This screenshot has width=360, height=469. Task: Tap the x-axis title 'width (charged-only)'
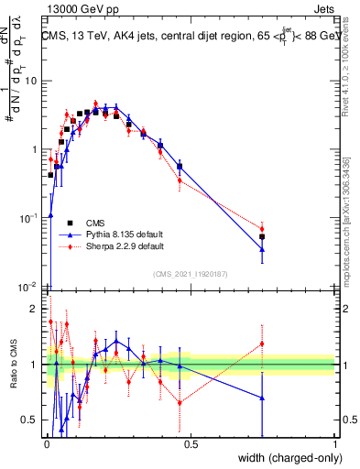[x=285, y=457]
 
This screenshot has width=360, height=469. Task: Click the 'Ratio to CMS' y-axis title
[x=12, y=365]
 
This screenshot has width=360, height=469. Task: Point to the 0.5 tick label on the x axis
[x=190, y=443]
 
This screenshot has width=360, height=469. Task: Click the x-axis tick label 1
[x=334, y=443]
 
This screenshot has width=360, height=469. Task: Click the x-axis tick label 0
[x=46, y=443]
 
